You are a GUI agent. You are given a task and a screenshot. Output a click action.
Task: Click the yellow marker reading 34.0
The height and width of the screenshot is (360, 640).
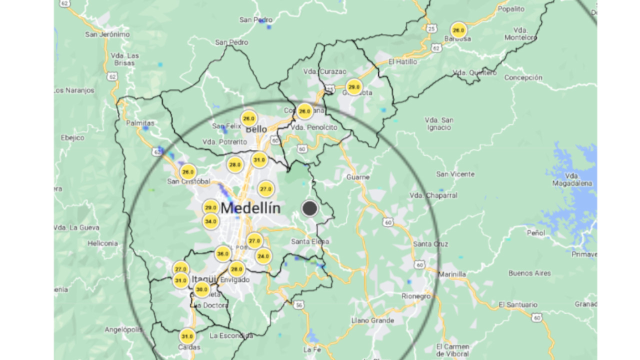tap(210, 221)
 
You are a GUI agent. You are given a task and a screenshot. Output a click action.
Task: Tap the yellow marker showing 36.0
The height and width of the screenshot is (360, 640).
tap(223, 254)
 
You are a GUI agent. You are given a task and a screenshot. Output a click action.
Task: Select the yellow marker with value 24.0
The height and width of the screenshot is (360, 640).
tap(263, 256)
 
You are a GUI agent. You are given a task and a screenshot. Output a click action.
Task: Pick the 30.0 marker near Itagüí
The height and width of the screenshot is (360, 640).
tap(201, 289)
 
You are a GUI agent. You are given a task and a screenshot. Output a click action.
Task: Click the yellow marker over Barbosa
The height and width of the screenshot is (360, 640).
tap(458, 29)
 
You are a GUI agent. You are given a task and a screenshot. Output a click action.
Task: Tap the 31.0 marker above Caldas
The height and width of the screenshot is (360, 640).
tap(187, 336)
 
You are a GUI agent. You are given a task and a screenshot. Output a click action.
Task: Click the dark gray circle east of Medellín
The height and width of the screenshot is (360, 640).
tap(310, 208)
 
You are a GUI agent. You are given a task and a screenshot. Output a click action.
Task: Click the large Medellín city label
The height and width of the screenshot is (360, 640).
tap(250, 208)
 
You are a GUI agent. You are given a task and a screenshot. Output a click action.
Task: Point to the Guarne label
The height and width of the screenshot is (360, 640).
tap(358, 177)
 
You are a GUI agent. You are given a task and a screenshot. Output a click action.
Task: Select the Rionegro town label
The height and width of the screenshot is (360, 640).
tap(416, 296)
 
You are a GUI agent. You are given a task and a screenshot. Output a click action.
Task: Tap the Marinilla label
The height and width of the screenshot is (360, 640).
tap(452, 274)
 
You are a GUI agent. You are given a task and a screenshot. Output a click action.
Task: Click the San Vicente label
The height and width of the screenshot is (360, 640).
tap(455, 174)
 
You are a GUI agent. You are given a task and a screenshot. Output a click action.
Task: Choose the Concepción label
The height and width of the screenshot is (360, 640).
tap(523, 77)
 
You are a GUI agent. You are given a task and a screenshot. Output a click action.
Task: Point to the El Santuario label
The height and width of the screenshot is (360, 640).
tap(518, 304)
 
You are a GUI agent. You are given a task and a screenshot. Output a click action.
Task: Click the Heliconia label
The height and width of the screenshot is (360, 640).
tap(102, 243)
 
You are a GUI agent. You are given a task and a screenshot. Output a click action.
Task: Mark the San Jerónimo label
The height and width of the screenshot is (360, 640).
tap(107, 34)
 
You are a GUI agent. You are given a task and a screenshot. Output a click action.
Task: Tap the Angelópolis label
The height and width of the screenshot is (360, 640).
tap(123, 329)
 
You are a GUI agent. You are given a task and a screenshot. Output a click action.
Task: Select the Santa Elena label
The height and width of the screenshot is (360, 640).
tap(310, 241)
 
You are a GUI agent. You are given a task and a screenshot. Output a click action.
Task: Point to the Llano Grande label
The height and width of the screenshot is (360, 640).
tap(372, 320)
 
